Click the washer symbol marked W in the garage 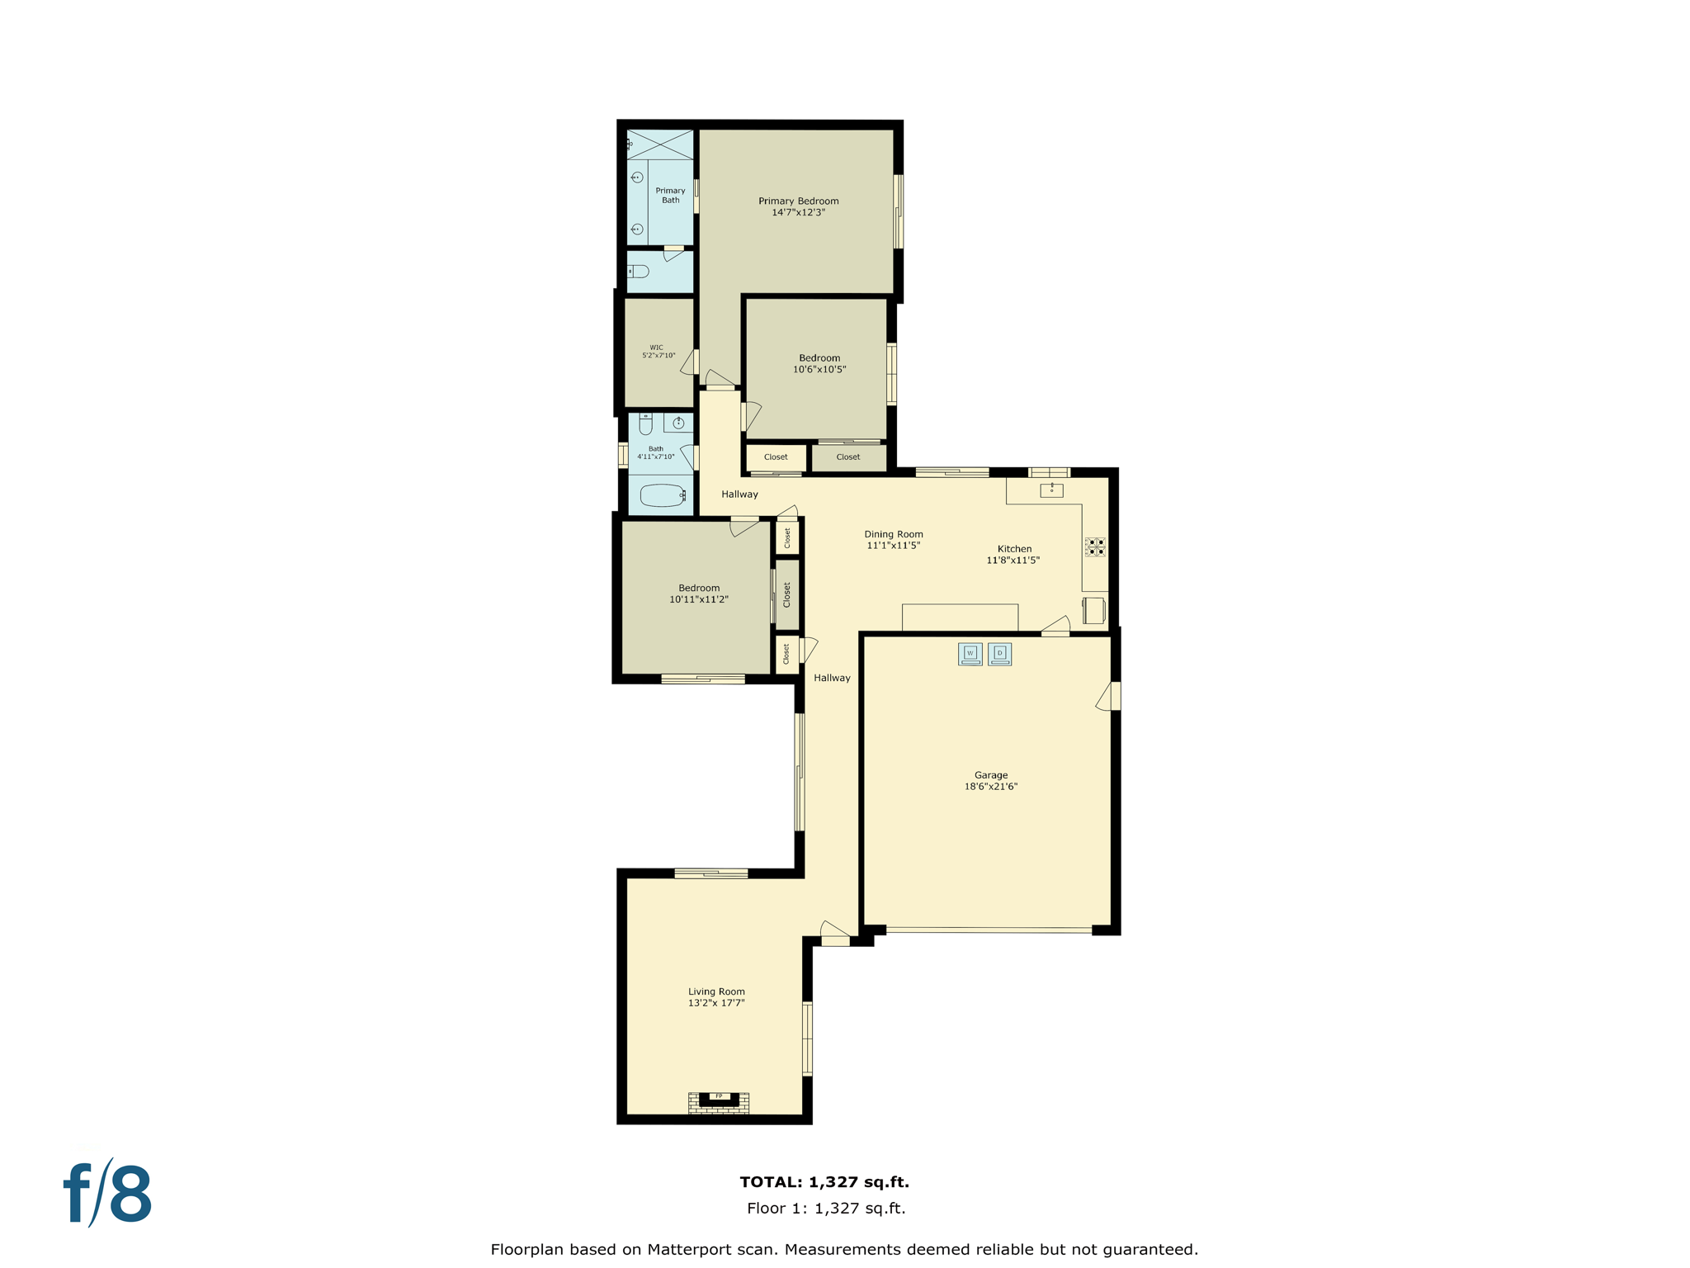point(970,654)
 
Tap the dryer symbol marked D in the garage point(999,654)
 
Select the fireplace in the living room point(719,1101)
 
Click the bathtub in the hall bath point(662,495)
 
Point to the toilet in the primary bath point(638,271)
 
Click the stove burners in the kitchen point(1095,546)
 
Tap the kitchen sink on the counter point(1051,490)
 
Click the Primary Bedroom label point(798,201)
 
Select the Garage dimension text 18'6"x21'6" point(990,787)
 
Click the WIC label point(656,348)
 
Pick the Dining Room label point(893,534)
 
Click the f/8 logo point(108,1194)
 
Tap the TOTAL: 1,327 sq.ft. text point(824,1182)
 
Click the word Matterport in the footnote point(688,1249)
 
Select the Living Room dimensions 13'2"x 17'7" point(716,1003)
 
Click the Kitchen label point(1014,548)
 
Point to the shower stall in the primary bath point(660,144)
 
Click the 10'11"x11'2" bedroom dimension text point(698,599)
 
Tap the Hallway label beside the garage point(831,678)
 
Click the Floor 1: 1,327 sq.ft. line point(825,1209)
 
